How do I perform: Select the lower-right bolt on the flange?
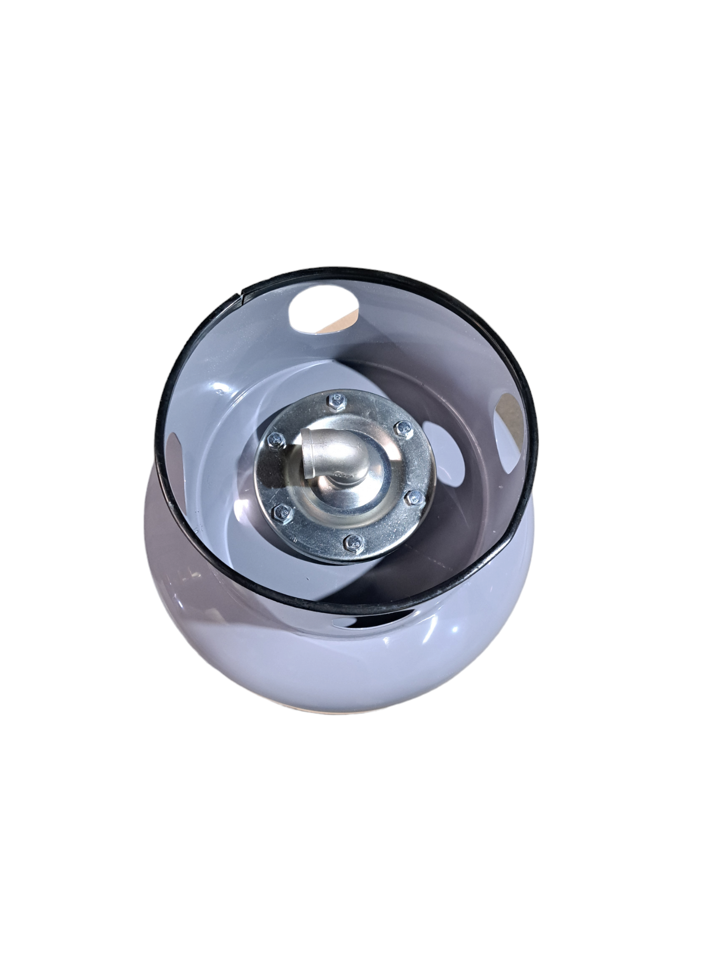414,498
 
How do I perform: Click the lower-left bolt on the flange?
281,513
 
